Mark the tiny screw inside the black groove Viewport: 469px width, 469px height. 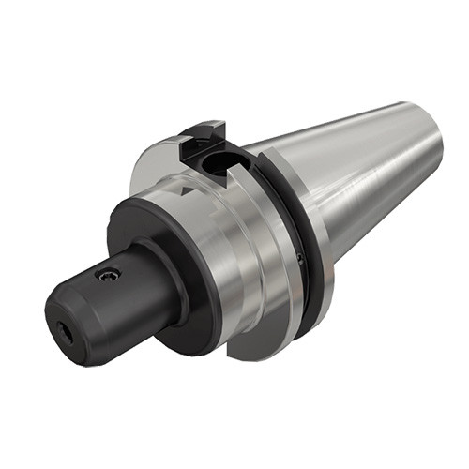point(299,256)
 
